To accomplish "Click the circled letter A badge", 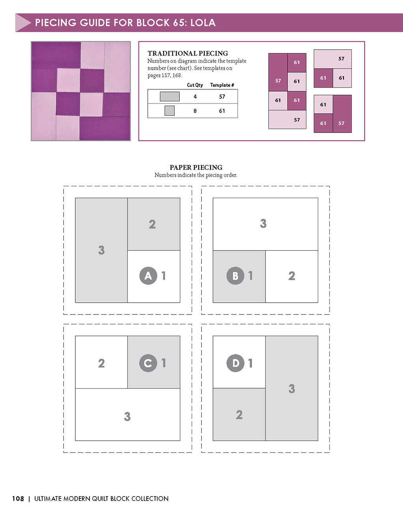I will pos(148,275).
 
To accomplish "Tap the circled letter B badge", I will pos(235,275).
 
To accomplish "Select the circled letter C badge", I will pos(148,363).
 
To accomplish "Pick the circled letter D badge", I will pos(235,363).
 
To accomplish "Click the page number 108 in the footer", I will pos(18,499).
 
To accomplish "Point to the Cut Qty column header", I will pos(195,85).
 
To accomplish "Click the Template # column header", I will pos(222,85).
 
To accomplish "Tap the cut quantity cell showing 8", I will pos(195,111).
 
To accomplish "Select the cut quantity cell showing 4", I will pos(195,97).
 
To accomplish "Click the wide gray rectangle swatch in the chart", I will pos(170,97).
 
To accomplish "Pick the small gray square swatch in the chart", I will pos(170,111).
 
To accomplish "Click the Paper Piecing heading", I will pos(196,167).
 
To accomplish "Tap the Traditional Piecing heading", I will pos(188,53).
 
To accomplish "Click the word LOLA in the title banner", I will pos(203,22).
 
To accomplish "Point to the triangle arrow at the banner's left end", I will pos(22,22).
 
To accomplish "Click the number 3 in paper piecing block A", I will pos(101,250).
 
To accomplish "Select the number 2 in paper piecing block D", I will pos(239,415).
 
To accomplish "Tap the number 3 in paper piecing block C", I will pos(127,416).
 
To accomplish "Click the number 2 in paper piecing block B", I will pos(291,276).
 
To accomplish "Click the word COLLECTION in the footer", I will pos(150,499).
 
